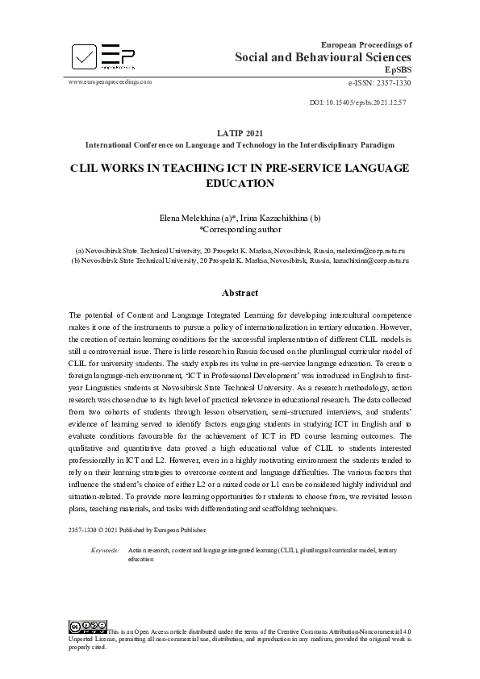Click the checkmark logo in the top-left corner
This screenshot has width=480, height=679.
click(84, 56)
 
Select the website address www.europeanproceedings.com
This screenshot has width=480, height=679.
click(110, 81)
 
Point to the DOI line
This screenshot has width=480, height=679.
click(357, 104)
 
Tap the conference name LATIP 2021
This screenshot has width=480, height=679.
click(240, 133)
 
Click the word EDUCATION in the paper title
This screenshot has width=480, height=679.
click(240, 183)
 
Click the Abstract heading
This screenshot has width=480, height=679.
click(240, 293)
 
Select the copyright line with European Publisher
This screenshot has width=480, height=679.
click(138, 530)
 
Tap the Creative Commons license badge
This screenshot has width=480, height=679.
click(88, 627)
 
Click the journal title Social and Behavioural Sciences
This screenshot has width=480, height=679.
click(323, 57)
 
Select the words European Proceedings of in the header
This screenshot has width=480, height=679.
click(366, 45)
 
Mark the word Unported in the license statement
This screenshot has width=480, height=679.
click(82, 638)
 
